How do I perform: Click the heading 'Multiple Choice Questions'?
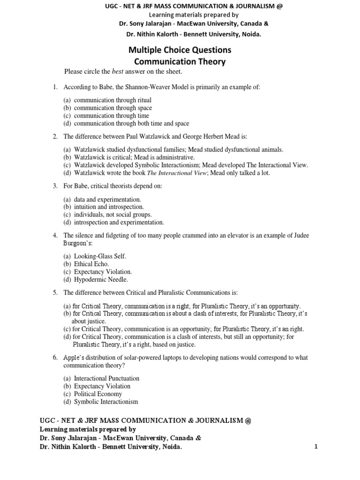click(x=180, y=50)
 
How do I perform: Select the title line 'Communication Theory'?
click(x=180, y=61)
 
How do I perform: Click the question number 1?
click(x=55, y=87)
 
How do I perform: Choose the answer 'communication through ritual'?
click(x=112, y=100)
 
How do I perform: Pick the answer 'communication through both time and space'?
click(x=132, y=124)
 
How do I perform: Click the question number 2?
click(x=55, y=136)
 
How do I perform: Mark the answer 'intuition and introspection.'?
click(x=109, y=207)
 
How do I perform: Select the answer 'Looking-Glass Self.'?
click(x=100, y=256)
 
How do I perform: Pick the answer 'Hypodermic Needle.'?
click(x=101, y=280)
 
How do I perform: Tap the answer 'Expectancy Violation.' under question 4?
click(x=103, y=272)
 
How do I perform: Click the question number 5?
click(x=55, y=292)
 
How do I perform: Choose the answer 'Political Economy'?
click(x=98, y=394)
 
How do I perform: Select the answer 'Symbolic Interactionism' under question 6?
click(x=106, y=402)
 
